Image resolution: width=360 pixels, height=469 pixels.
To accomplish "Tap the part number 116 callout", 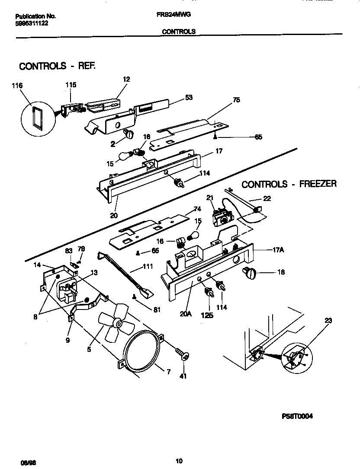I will (17, 86).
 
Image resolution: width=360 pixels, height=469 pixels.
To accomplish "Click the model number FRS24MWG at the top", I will (174, 14).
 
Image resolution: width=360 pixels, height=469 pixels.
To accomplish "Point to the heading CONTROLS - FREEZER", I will (289, 184).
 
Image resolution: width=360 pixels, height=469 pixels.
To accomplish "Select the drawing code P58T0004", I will (297, 416).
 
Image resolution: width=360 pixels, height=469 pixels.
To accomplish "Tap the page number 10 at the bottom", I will (179, 461).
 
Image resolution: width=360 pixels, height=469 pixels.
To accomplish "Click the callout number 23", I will (329, 320).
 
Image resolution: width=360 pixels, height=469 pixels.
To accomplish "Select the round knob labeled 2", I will (129, 134).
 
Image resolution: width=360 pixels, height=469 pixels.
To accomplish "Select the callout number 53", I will (189, 97).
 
